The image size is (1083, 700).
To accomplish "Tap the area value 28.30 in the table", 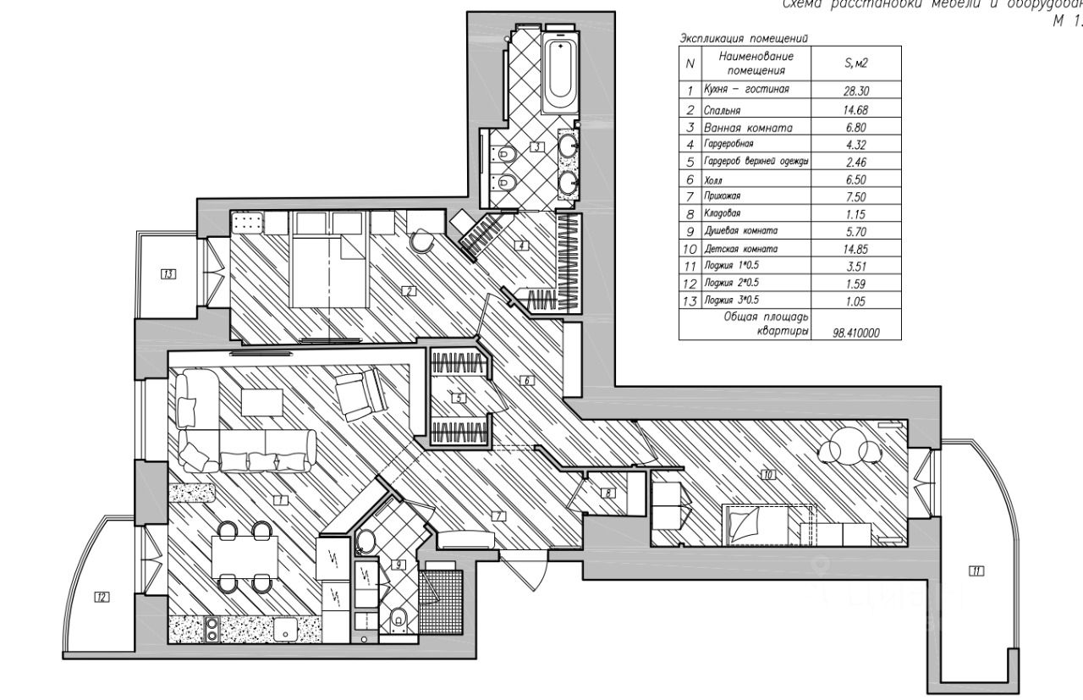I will (855, 91).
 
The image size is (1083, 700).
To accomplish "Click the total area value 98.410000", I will (855, 333).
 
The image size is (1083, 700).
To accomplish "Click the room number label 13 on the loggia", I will (168, 273).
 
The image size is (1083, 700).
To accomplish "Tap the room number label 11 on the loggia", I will (976, 571).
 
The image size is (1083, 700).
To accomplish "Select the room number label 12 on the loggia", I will (102, 597).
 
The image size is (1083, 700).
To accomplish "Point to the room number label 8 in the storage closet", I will (608, 493).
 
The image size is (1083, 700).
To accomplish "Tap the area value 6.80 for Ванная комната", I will (855, 128).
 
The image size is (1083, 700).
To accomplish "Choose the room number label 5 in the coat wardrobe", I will (458, 398).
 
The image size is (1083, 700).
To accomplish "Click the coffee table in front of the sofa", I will (261, 401).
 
